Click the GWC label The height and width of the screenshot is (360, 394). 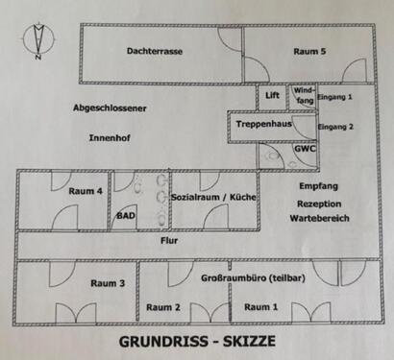pyautogui.click(x=304, y=150)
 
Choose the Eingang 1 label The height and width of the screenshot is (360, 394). pyautogui.click(x=335, y=96)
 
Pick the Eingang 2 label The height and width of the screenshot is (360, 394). pyautogui.click(x=335, y=127)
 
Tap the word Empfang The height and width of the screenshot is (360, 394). pyautogui.click(x=318, y=184)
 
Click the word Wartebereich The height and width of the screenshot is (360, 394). pyautogui.click(x=318, y=219)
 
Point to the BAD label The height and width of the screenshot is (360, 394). pyautogui.click(x=128, y=217)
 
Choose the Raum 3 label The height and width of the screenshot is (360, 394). pyautogui.click(x=108, y=283)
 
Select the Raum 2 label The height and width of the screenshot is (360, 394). pyautogui.click(x=163, y=307)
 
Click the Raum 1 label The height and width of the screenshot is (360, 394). pyautogui.click(x=261, y=307)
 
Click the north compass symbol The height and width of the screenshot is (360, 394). pyautogui.click(x=39, y=39)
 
